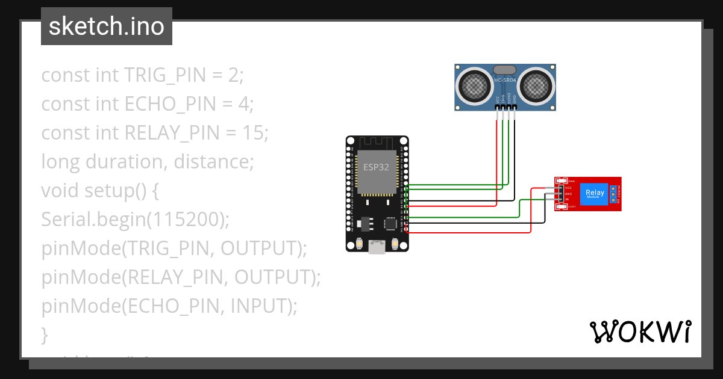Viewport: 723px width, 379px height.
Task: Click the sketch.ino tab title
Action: (106, 26)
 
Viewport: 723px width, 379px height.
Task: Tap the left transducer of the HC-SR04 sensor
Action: (475, 85)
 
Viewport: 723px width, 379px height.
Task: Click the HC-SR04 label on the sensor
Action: (505, 80)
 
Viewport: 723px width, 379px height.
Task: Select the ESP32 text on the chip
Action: (376, 167)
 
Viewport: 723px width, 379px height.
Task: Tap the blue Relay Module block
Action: (594, 194)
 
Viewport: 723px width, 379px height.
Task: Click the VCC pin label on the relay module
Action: (568, 188)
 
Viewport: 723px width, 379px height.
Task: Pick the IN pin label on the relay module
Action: (567, 199)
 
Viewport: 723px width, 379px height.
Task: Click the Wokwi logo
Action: (640, 331)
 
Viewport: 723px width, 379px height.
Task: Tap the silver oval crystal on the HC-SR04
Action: (505, 70)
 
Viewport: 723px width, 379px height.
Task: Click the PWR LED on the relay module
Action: (563, 181)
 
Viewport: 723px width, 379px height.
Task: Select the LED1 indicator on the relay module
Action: (563, 207)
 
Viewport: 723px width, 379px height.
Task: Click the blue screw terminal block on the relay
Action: (613, 194)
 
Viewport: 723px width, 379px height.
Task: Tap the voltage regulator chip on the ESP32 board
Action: (364, 223)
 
